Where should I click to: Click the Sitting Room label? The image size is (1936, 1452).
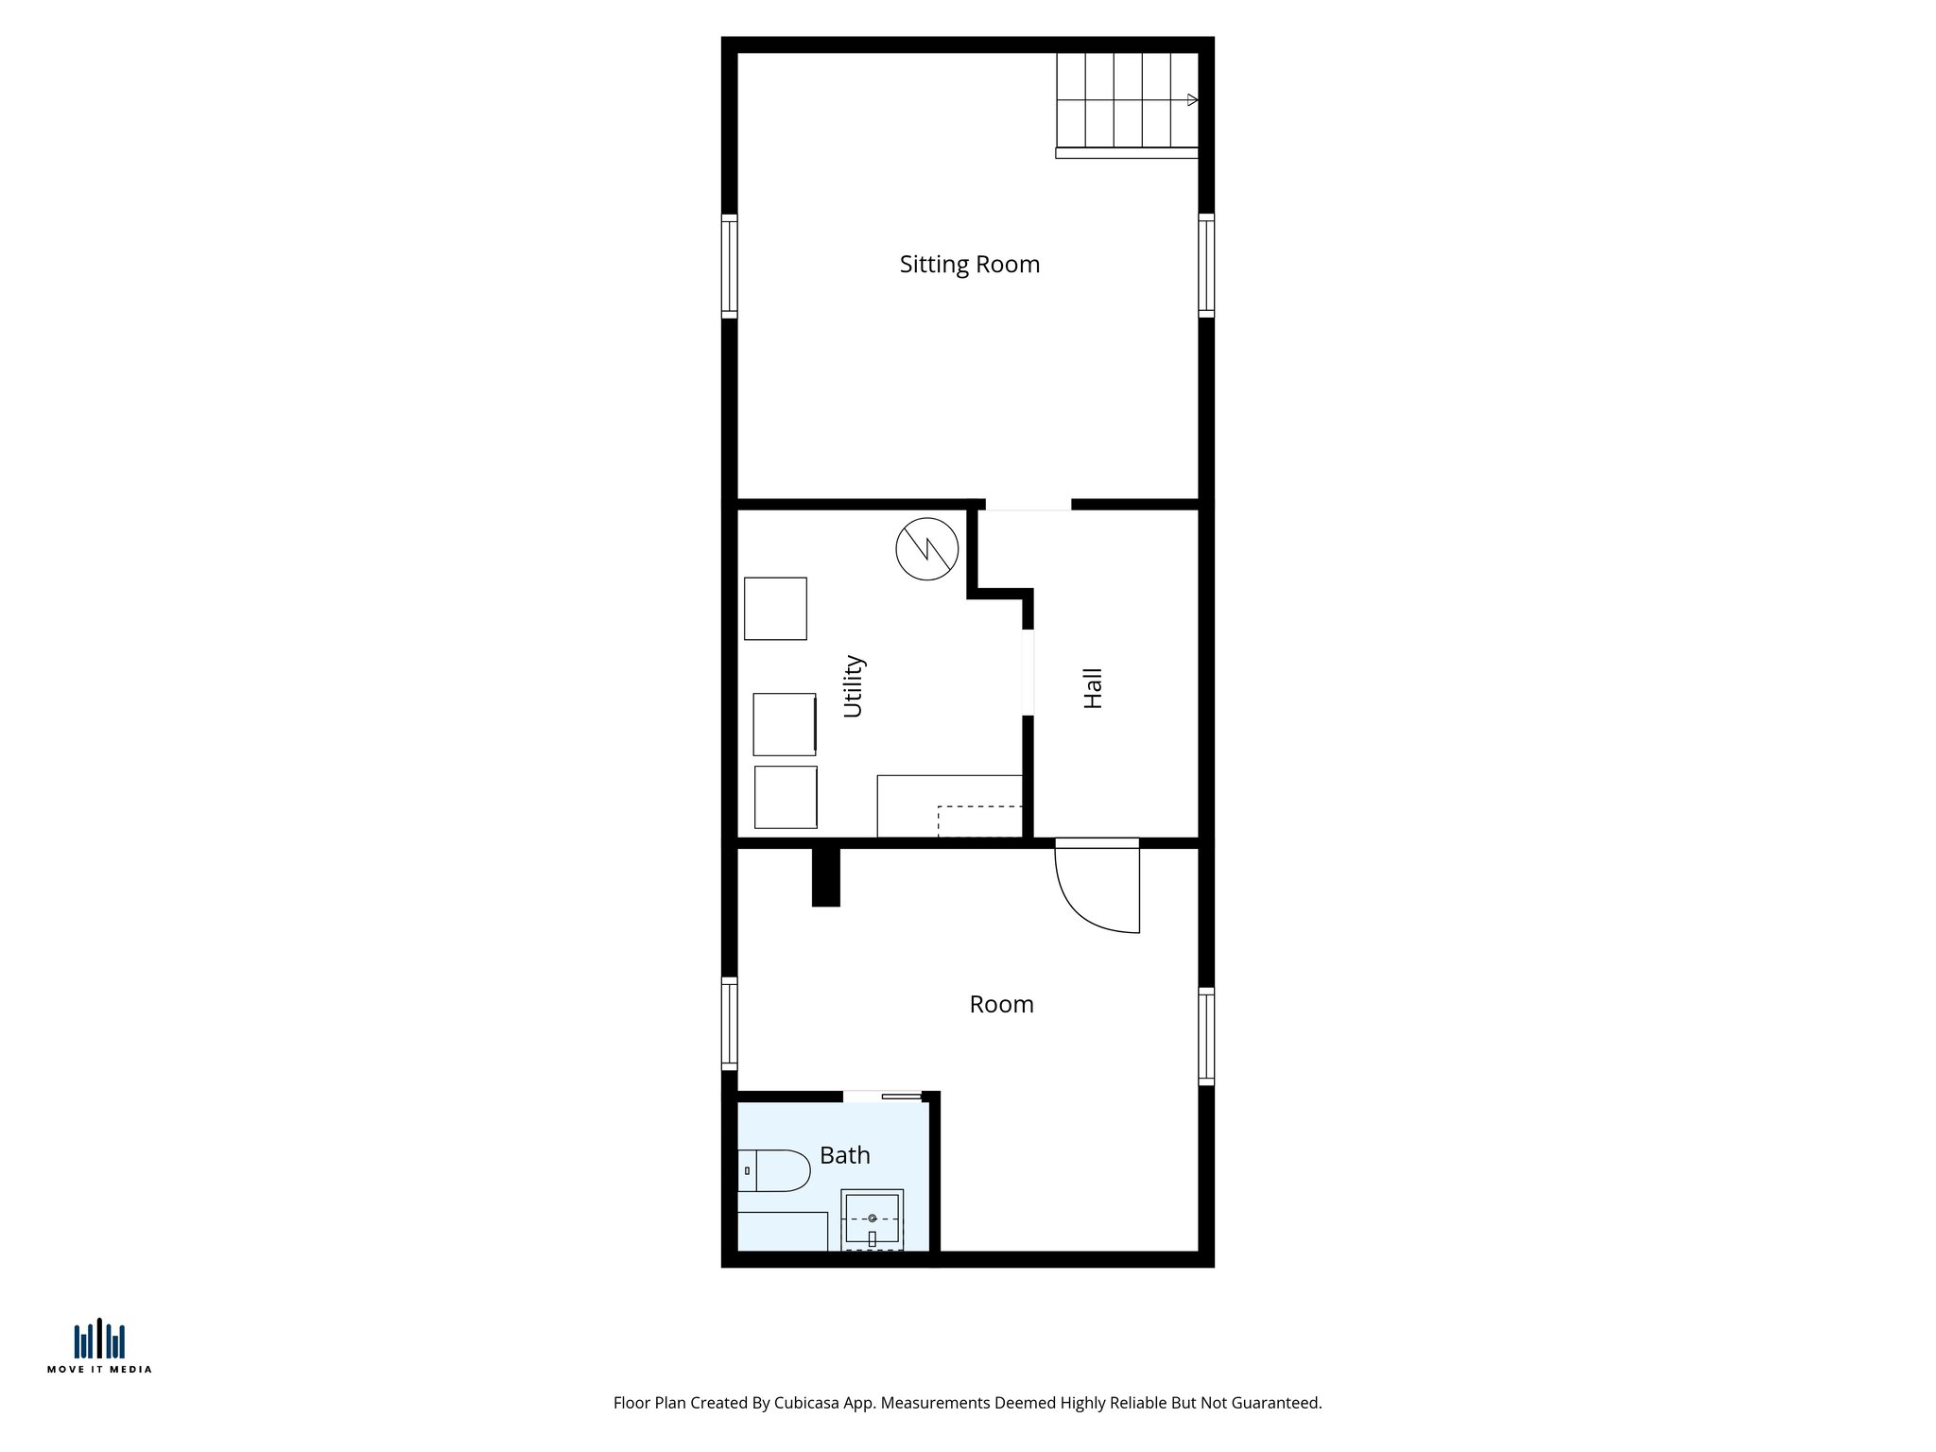[x=969, y=265]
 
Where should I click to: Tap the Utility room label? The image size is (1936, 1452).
[x=853, y=686]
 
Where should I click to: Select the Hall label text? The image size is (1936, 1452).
[x=1093, y=688]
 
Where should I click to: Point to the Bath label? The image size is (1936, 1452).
[x=844, y=1155]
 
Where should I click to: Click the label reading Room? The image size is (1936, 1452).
[x=1001, y=1004]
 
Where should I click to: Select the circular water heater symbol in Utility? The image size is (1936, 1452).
[x=926, y=548]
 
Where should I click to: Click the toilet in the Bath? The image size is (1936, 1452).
[x=775, y=1170]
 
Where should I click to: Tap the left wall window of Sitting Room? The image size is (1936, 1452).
[x=729, y=266]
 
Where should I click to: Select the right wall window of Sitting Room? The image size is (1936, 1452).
[x=1206, y=266]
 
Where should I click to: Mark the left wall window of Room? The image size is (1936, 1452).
[x=729, y=1023]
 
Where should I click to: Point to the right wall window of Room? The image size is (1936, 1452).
[x=1206, y=1035]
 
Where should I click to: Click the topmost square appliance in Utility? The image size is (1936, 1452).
[x=775, y=609]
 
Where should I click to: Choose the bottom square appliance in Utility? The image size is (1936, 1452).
[x=786, y=797]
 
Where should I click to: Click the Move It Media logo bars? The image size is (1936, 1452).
[x=99, y=1339]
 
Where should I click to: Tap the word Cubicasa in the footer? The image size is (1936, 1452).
[x=807, y=1403]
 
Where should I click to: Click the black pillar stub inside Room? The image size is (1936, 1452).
[x=825, y=877]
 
